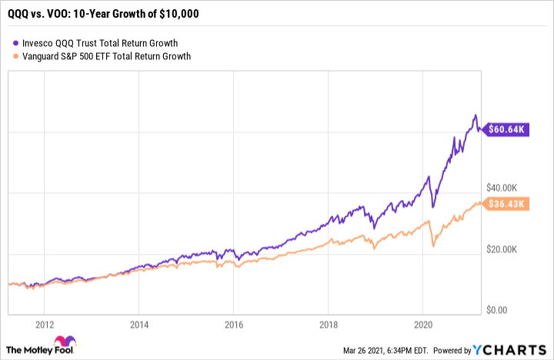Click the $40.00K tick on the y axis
(x=506, y=188)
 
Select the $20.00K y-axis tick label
(x=506, y=249)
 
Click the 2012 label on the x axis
(x=43, y=325)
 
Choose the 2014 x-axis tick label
(x=138, y=325)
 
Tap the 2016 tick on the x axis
(x=234, y=325)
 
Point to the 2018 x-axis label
(x=329, y=325)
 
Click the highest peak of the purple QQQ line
(x=476, y=116)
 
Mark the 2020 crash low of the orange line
(x=434, y=245)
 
